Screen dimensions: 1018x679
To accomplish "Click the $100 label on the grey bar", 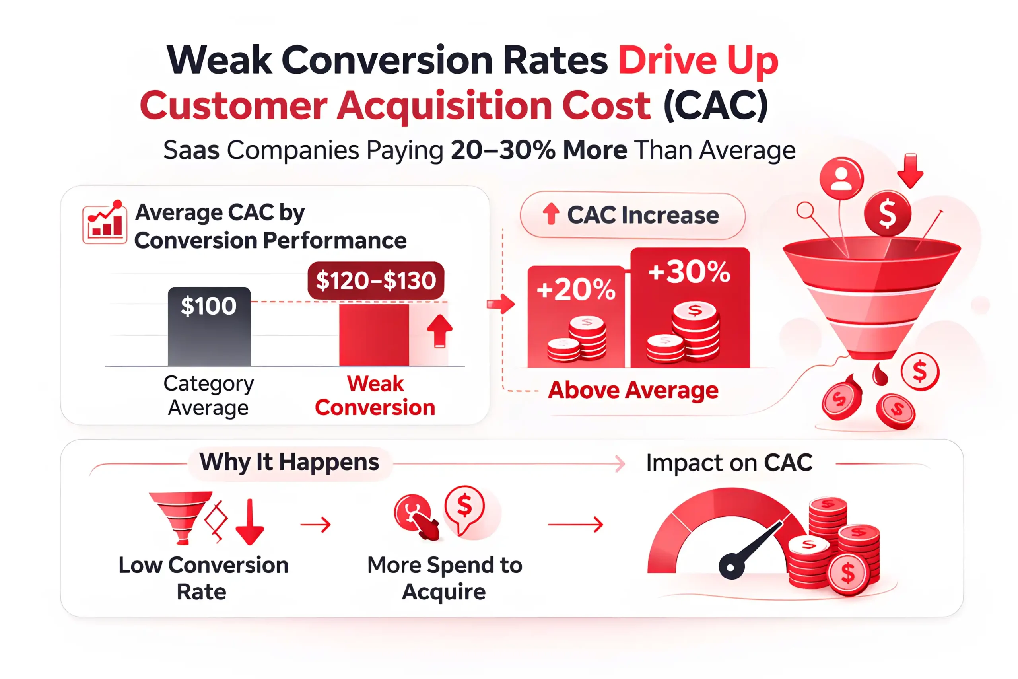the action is [x=209, y=306].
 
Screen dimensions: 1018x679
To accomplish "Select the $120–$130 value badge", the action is [x=376, y=280].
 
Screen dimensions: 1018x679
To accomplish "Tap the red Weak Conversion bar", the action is [x=374, y=335].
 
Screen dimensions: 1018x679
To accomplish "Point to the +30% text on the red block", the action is [x=690, y=272].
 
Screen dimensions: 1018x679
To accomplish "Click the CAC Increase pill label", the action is [x=632, y=215].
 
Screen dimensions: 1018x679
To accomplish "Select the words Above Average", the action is [x=633, y=390].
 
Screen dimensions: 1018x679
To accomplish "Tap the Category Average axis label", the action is [x=209, y=395].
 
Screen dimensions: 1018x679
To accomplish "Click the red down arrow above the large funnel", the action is [x=910, y=171].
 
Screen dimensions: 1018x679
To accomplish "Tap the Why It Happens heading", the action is [x=289, y=462].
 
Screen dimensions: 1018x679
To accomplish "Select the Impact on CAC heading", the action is [x=729, y=463].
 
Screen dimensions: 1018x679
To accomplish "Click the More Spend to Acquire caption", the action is [x=445, y=578].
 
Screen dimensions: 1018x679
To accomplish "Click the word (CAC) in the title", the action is [x=715, y=105].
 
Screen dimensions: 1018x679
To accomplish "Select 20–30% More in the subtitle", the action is [x=539, y=150].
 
